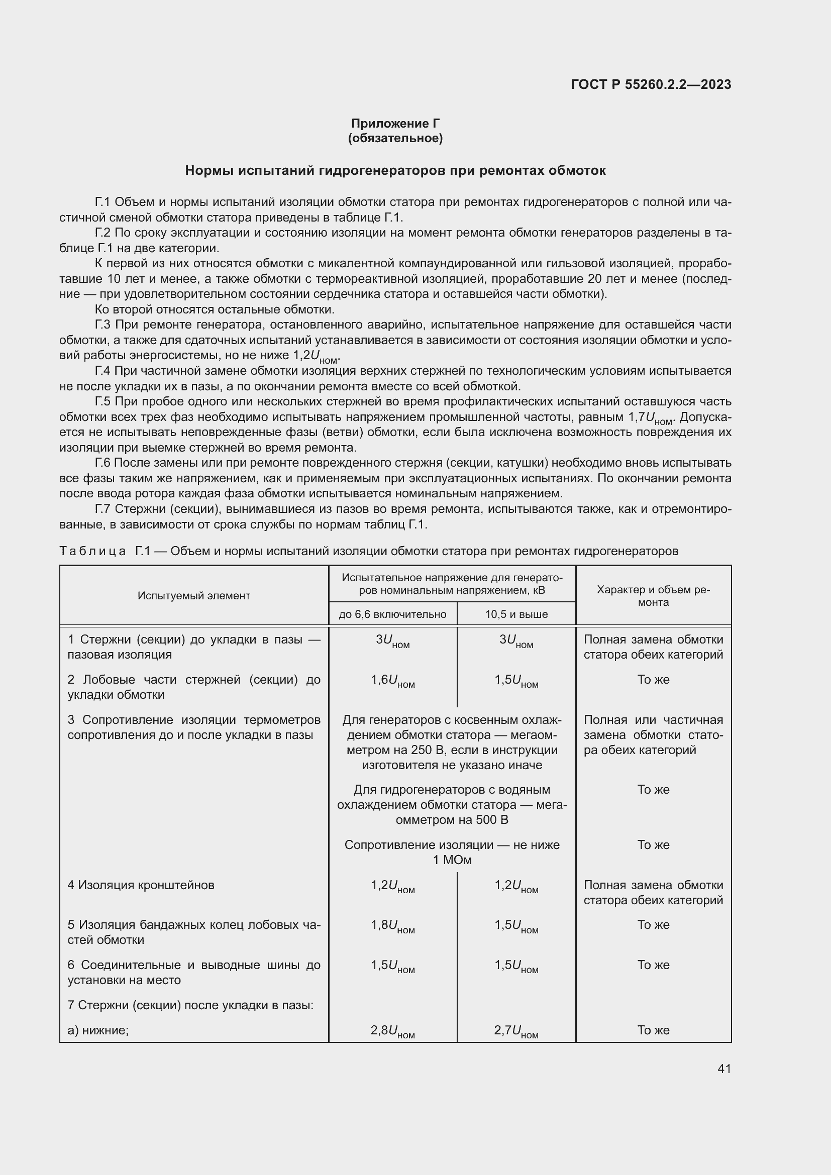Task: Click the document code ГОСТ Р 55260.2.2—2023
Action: [651, 84]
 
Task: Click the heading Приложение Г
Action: [395, 124]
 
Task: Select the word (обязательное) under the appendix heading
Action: [395, 138]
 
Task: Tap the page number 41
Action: [724, 1069]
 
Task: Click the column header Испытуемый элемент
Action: [194, 596]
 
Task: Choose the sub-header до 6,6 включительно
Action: [392, 614]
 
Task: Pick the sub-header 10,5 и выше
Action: [516, 614]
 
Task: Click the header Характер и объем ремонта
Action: [654, 596]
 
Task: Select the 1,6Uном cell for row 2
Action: [392, 681]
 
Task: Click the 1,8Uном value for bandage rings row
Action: [392, 926]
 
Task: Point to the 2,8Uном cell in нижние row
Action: [392, 1031]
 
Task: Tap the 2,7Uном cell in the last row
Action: [516, 1031]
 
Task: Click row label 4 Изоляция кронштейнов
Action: [141, 885]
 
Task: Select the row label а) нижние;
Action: [98, 1030]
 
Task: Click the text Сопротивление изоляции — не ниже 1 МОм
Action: [452, 852]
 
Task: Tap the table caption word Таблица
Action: [92, 551]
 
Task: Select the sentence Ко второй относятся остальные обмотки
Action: [215, 309]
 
